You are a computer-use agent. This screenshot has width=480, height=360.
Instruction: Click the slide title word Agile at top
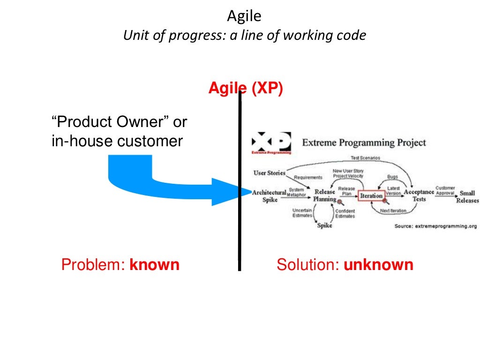244,16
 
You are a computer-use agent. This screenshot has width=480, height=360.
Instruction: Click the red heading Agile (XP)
246,88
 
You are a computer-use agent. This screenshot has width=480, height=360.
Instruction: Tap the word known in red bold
155,265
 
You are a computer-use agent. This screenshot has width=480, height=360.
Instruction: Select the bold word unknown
379,265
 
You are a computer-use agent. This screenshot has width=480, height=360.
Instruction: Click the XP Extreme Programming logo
271,143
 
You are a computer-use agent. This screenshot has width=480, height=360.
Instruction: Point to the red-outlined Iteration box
371,195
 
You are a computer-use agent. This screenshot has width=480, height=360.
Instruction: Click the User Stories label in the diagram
269,173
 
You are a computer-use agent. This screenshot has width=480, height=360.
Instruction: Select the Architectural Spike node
269,196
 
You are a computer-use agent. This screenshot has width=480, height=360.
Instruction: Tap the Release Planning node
325,195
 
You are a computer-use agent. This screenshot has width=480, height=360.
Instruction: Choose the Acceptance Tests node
419,195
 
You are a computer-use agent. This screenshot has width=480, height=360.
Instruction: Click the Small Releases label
467,196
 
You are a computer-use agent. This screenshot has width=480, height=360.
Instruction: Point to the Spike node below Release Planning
324,225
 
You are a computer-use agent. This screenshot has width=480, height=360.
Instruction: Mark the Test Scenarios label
366,158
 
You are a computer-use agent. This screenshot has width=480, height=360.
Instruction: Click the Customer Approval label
445,190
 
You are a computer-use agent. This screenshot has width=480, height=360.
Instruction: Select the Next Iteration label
393,210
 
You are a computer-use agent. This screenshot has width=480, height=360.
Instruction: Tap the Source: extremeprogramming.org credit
436,226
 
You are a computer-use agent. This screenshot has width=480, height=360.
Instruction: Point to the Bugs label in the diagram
392,177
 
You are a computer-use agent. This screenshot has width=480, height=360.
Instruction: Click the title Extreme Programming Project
364,142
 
